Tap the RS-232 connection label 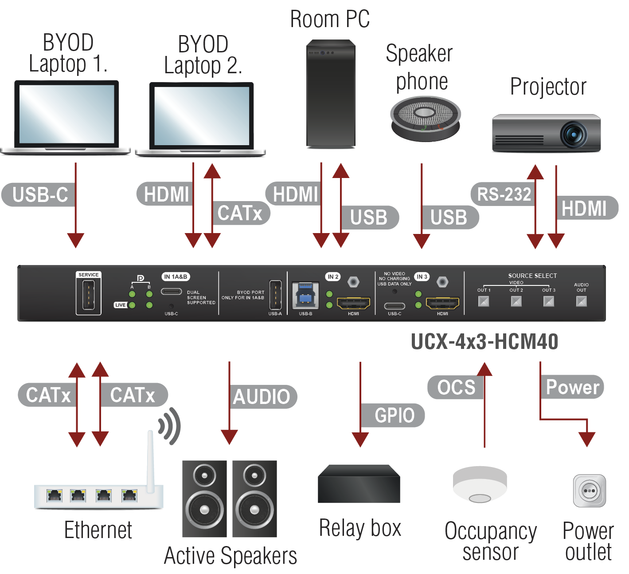[x=504, y=194]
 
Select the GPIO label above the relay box [x=394, y=416]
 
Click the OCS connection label [x=456, y=387]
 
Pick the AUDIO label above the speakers [x=262, y=397]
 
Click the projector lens [x=574, y=134]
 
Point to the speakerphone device [x=426, y=119]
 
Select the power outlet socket [x=589, y=491]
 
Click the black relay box [x=359, y=484]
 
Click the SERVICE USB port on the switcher [x=88, y=296]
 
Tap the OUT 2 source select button [x=516, y=301]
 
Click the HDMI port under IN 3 [x=442, y=303]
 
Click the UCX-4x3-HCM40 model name [x=484, y=341]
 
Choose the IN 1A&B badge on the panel [x=176, y=277]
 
